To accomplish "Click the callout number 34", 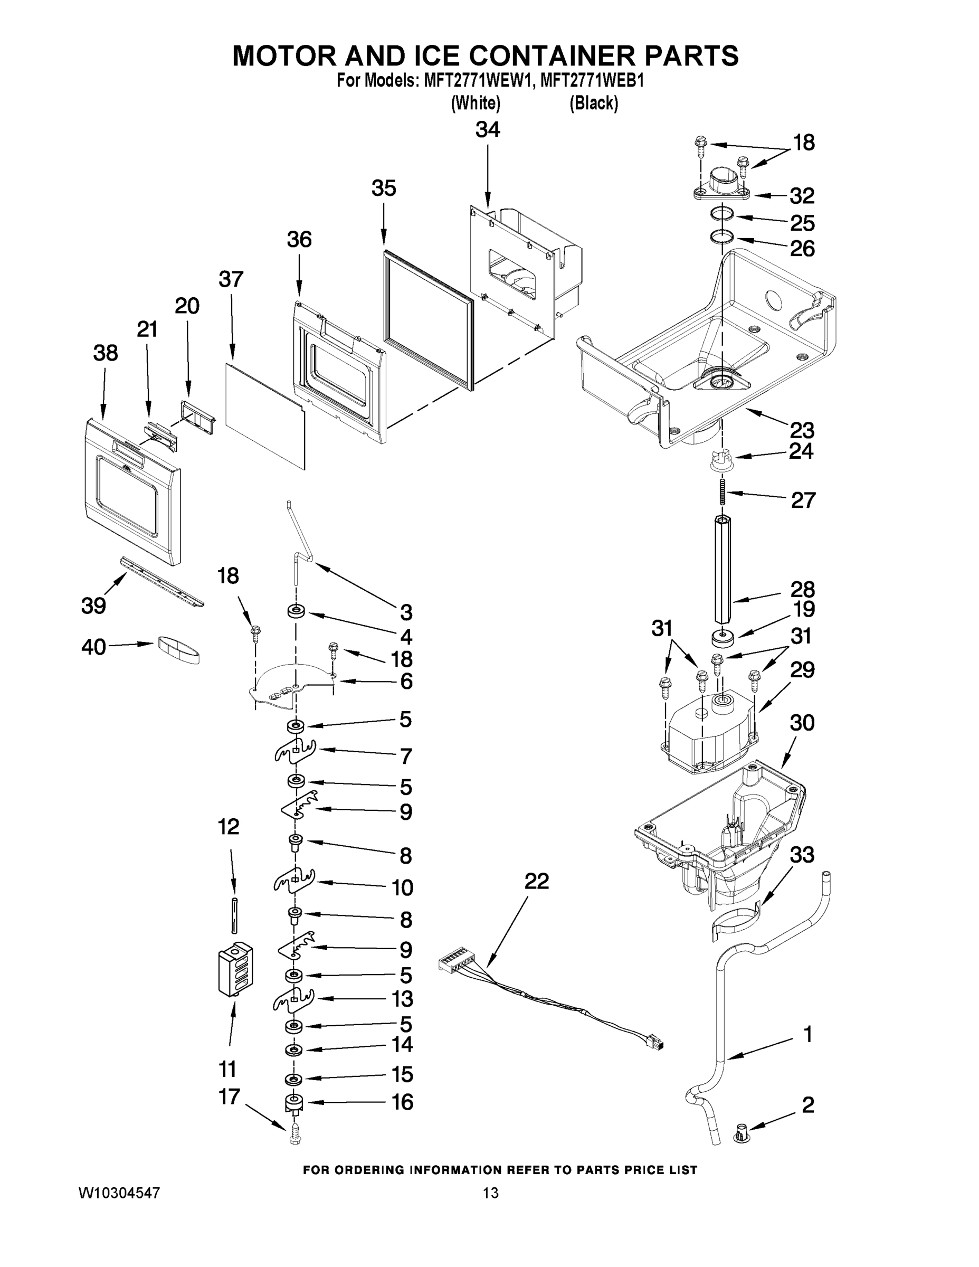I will click(487, 130).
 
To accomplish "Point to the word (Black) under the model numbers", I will click(593, 103).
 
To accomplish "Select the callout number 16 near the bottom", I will click(402, 1102).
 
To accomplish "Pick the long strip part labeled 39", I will click(162, 581).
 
